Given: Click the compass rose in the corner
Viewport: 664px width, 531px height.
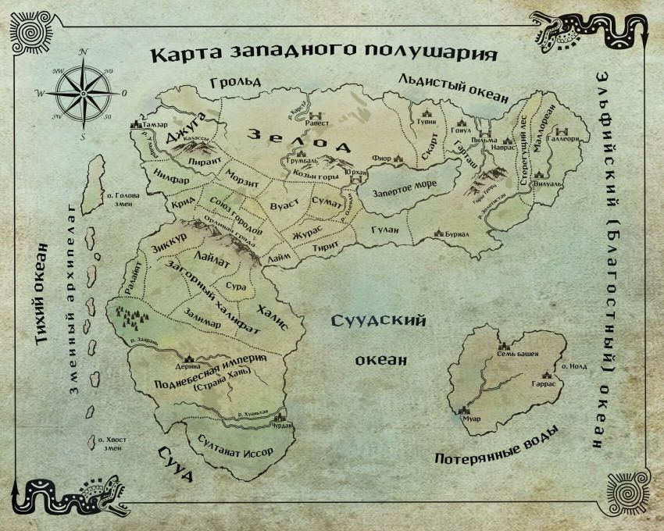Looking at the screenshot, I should coord(83,92).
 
